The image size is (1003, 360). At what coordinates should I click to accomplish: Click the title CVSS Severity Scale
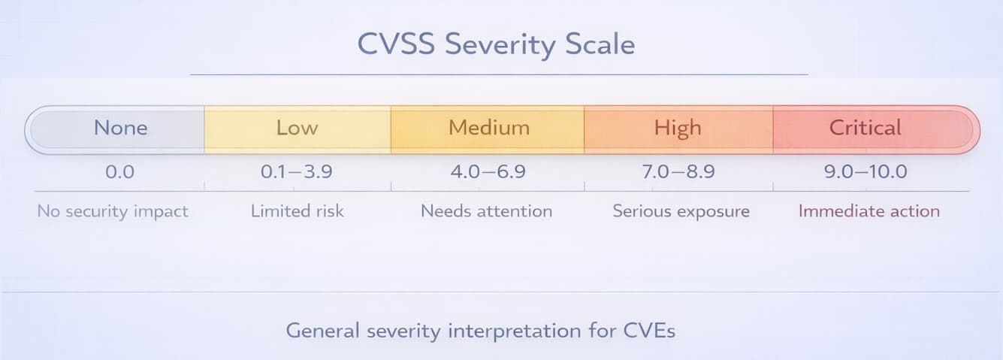[496, 44]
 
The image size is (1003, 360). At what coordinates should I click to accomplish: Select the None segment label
[120, 128]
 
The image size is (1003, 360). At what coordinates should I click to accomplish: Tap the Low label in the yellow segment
[297, 128]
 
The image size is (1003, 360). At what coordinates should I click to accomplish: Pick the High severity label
[677, 128]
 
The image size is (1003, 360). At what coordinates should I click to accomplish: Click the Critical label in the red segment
[865, 128]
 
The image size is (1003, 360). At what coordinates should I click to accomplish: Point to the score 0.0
[119, 172]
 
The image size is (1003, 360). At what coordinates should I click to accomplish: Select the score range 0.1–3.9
[297, 172]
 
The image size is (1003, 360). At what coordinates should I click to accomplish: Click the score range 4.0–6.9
[488, 172]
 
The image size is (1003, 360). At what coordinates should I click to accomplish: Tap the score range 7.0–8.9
[678, 172]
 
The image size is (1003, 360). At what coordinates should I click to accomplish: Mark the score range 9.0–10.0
[866, 172]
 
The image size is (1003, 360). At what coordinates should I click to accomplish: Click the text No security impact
[113, 211]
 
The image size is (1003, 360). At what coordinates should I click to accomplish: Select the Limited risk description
[298, 211]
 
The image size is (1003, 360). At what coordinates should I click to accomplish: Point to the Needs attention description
[486, 211]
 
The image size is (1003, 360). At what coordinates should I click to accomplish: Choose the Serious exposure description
[681, 211]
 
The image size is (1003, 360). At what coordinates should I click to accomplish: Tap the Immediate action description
[869, 211]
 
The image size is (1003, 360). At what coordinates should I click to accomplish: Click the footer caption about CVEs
[481, 331]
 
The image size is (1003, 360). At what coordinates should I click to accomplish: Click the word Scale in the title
[600, 44]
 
